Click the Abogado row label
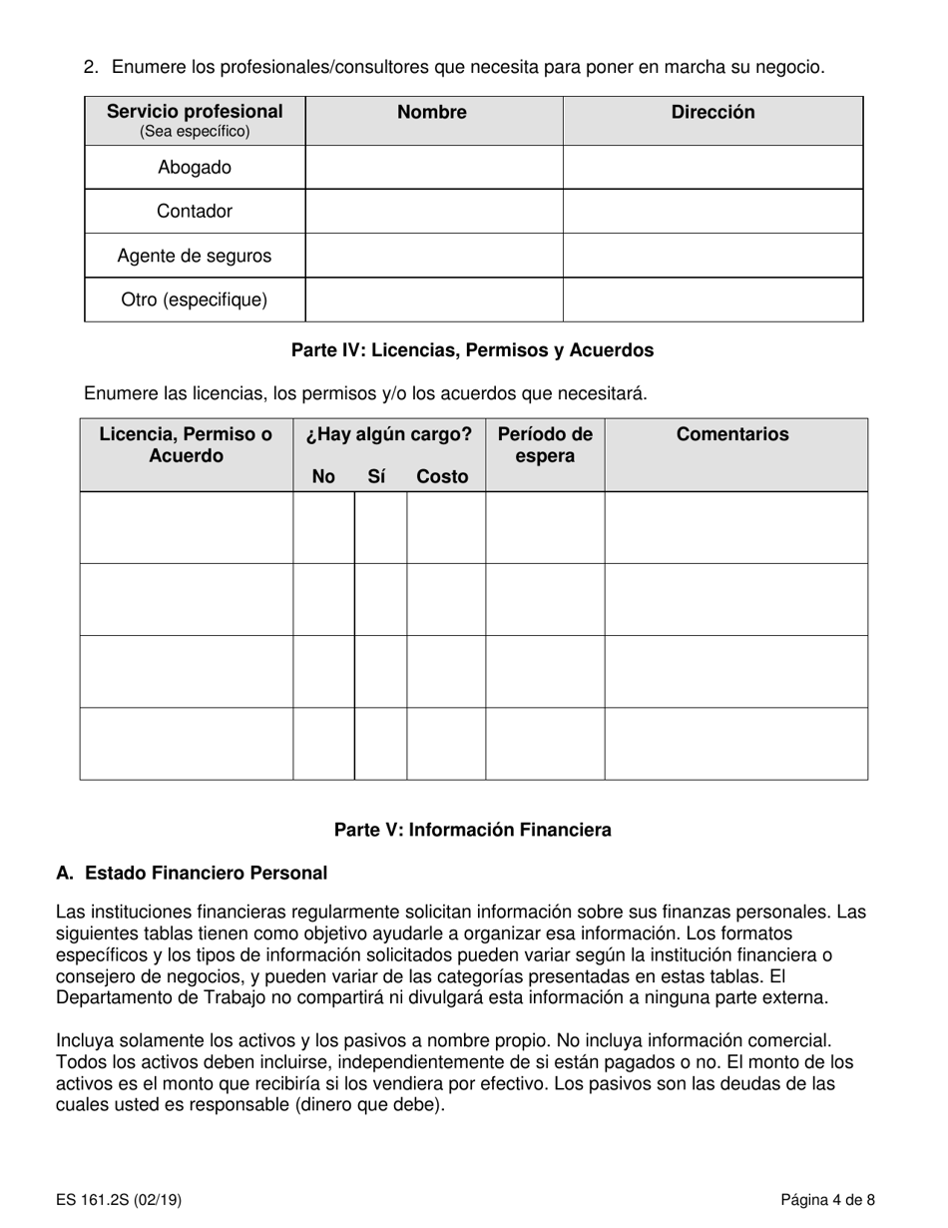[x=195, y=168]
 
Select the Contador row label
[x=195, y=212]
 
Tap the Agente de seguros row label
[x=195, y=256]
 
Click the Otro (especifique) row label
[x=195, y=300]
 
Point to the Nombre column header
[x=432, y=113]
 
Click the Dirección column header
[x=712, y=113]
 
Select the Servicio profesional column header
[x=195, y=112]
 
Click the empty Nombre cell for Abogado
[x=433, y=168]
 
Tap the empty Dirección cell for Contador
[x=712, y=212]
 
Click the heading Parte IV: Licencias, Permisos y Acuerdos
[x=472, y=350]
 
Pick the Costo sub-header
[x=442, y=477]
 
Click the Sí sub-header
[x=376, y=477]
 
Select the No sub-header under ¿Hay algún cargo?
[x=323, y=477]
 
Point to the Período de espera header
[x=545, y=445]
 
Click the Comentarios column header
[x=732, y=434]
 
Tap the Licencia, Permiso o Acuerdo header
[x=186, y=445]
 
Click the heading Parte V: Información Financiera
[x=472, y=830]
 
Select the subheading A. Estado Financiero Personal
[x=192, y=874]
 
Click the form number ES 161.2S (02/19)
[x=119, y=1200]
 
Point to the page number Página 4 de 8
[x=828, y=1200]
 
